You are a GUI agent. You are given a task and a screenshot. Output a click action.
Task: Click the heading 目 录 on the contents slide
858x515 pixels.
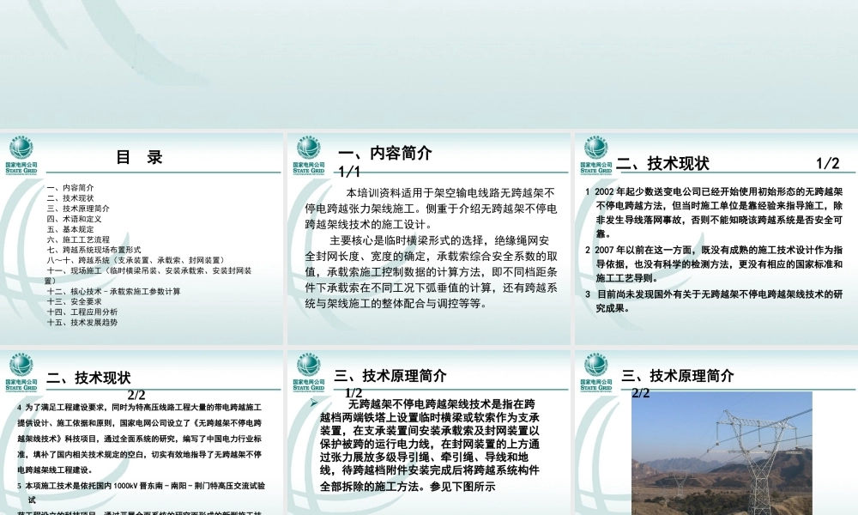139,158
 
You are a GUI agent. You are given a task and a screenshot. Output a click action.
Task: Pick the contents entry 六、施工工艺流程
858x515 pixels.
78,239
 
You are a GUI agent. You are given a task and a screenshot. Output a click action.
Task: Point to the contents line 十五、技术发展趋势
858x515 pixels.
82,323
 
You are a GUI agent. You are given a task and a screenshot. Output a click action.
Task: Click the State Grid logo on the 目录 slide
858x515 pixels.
21,155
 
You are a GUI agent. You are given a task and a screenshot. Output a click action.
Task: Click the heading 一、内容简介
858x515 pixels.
385,154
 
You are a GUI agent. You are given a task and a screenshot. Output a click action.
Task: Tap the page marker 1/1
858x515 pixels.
349,173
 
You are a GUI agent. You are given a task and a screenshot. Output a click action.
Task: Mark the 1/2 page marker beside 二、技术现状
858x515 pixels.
827,163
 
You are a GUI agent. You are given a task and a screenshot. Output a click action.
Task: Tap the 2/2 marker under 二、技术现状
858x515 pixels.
137,395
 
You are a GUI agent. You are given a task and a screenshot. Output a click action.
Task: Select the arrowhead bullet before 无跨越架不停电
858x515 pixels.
314,403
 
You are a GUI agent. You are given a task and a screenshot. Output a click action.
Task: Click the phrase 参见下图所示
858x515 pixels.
461,487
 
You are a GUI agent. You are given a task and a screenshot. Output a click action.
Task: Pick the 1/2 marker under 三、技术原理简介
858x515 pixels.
353,392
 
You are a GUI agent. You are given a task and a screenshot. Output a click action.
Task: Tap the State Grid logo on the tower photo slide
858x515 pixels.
595,370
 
